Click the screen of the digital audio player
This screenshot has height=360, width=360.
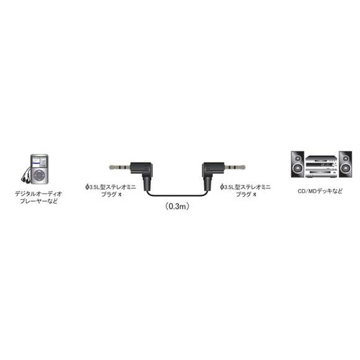[39, 163]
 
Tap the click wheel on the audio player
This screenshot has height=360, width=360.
[39, 176]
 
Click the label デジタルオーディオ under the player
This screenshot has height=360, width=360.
[38, 194]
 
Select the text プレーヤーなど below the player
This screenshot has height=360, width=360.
[38, 201]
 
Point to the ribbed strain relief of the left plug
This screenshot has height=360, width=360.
[146, 184]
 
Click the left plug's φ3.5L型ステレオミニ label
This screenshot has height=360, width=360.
[110, 187]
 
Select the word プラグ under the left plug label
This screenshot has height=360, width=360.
[109, 194]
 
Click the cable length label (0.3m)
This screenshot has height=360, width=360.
[178, 206]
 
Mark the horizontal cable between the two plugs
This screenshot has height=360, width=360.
[176, 195]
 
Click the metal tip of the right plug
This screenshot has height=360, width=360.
[235, 167]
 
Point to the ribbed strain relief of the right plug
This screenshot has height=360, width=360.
[207, 184]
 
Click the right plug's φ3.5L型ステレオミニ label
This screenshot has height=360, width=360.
[245, 187]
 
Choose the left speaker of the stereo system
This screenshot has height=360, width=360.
[297, 164]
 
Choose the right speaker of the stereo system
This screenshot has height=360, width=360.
[345, 164]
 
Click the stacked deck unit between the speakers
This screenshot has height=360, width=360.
[322, 166]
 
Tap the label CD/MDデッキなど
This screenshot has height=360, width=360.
[320, 191]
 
